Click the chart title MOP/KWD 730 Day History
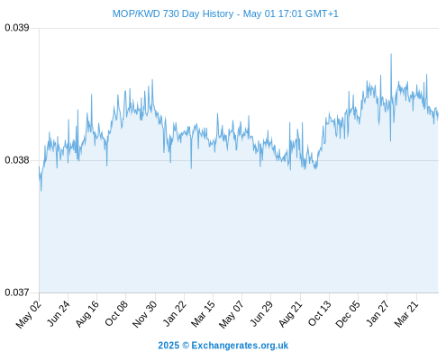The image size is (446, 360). pos(173,13)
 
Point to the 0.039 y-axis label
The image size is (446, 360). pos(17,28)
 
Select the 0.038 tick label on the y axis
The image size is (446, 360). pos(17,160)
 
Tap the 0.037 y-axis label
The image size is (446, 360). pos(17,292)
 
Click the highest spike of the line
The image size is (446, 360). pos(391,54)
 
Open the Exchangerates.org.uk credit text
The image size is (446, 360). pos(240,346)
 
